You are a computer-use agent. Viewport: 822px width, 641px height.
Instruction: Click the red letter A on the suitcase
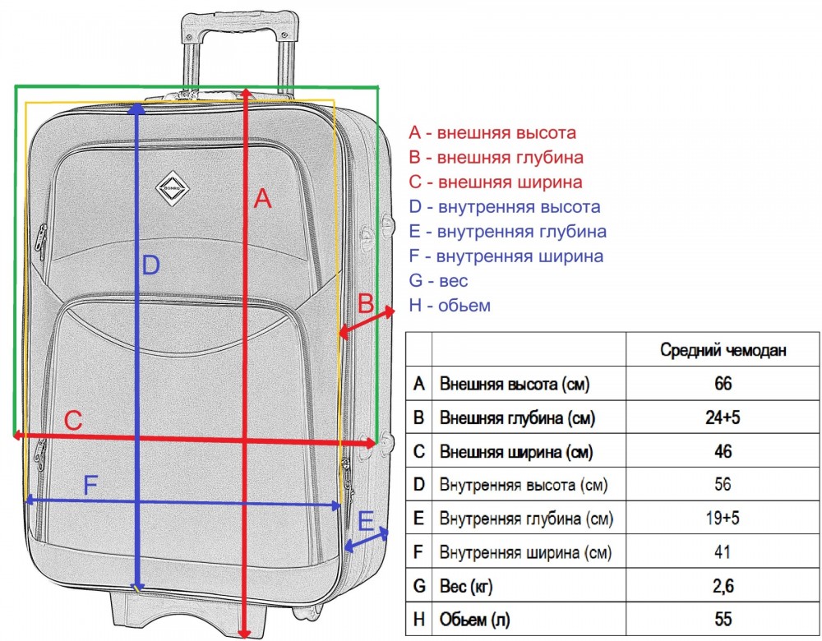click(262, 199)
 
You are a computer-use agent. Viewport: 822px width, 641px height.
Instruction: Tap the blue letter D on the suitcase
click(150, 265)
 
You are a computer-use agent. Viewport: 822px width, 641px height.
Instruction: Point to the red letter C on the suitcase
click(73, 421)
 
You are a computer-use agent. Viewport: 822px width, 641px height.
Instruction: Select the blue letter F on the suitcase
click(90, 486)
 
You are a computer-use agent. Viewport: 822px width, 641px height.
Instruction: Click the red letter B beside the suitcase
click(367, 304)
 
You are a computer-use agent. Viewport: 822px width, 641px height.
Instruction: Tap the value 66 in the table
click(723, 384)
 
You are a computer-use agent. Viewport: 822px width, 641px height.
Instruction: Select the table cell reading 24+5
click(723, 417)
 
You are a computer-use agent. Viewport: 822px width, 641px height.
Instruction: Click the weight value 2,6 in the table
click(723, 585)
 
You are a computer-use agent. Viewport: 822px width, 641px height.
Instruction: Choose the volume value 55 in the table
click(723, 619)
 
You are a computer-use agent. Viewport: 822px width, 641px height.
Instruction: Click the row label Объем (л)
click(482, 619)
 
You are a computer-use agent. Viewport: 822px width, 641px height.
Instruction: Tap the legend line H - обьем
click(450, 306)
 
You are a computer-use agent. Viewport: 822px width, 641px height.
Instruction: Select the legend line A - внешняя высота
click(492, 132)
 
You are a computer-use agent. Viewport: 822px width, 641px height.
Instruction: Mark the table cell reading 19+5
click(723, 519)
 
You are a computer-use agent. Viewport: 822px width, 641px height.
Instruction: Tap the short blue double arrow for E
click(367, 541)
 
